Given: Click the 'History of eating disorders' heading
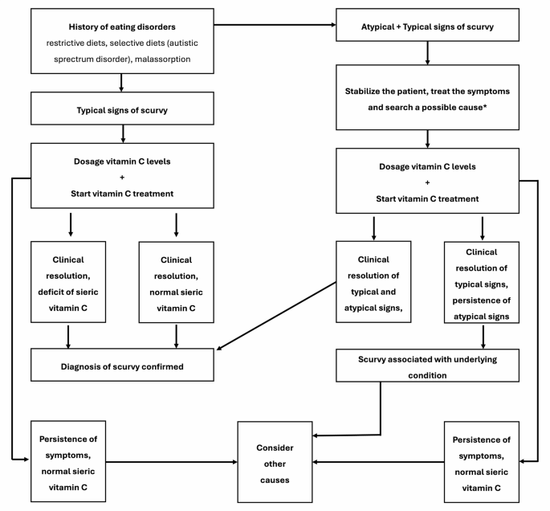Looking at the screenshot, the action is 122,27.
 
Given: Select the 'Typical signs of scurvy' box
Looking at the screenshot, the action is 122,108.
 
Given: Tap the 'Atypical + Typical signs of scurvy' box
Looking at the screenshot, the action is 427,25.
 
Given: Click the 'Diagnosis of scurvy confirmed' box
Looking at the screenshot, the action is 122,365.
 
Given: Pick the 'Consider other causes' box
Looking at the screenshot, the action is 275,462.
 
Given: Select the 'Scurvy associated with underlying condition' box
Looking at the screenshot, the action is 427,366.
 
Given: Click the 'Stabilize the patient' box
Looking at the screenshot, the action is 427,97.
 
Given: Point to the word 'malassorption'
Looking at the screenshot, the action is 162,59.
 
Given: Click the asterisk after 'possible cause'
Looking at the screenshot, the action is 485,106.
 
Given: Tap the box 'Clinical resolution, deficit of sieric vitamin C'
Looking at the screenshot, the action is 68,282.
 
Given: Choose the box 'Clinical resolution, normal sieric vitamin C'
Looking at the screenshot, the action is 176,282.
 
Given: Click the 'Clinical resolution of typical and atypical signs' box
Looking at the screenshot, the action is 373,282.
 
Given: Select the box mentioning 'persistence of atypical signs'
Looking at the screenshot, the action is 481,282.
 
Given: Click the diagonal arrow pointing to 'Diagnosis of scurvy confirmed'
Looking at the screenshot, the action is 276,316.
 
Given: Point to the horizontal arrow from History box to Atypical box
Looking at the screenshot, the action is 275,25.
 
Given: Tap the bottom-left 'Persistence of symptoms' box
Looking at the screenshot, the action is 68,461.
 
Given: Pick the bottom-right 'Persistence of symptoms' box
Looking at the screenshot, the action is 481,462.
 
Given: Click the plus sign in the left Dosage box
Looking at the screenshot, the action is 122,178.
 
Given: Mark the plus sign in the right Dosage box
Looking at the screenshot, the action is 427,182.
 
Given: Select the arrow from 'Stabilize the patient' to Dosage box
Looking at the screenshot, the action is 427,139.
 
